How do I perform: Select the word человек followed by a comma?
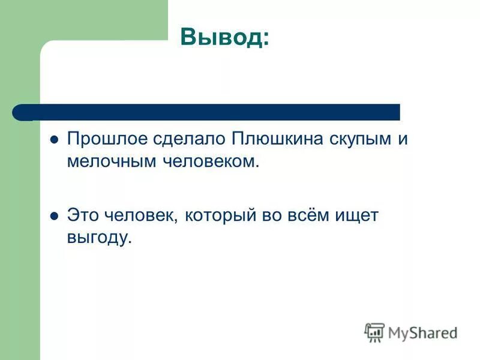[137, 216]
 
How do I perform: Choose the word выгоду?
[98, 238]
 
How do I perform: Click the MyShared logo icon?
[374, 332]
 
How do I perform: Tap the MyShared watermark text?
[422, 332]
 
